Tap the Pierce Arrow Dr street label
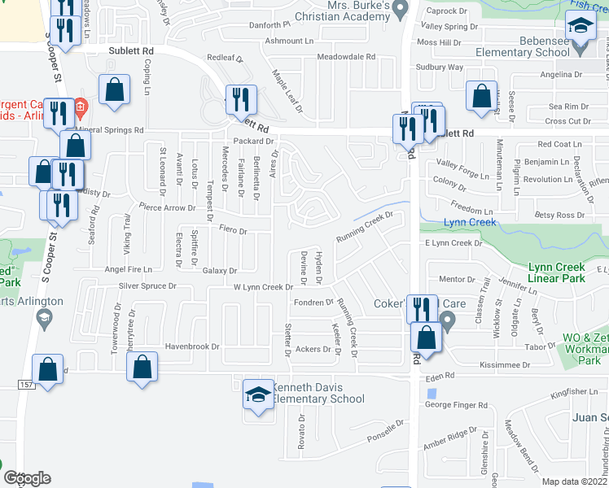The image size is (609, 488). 168,208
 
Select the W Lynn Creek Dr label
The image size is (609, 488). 262,287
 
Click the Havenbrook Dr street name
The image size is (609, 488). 193,346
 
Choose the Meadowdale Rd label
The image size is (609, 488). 346,57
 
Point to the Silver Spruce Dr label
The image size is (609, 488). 147,286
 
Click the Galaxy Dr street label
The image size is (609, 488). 220,271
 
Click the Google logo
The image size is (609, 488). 26,478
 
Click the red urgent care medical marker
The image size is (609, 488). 81,107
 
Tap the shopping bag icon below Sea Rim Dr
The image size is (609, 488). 481,95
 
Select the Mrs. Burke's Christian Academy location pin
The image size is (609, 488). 399,10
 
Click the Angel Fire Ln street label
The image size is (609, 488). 128,269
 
